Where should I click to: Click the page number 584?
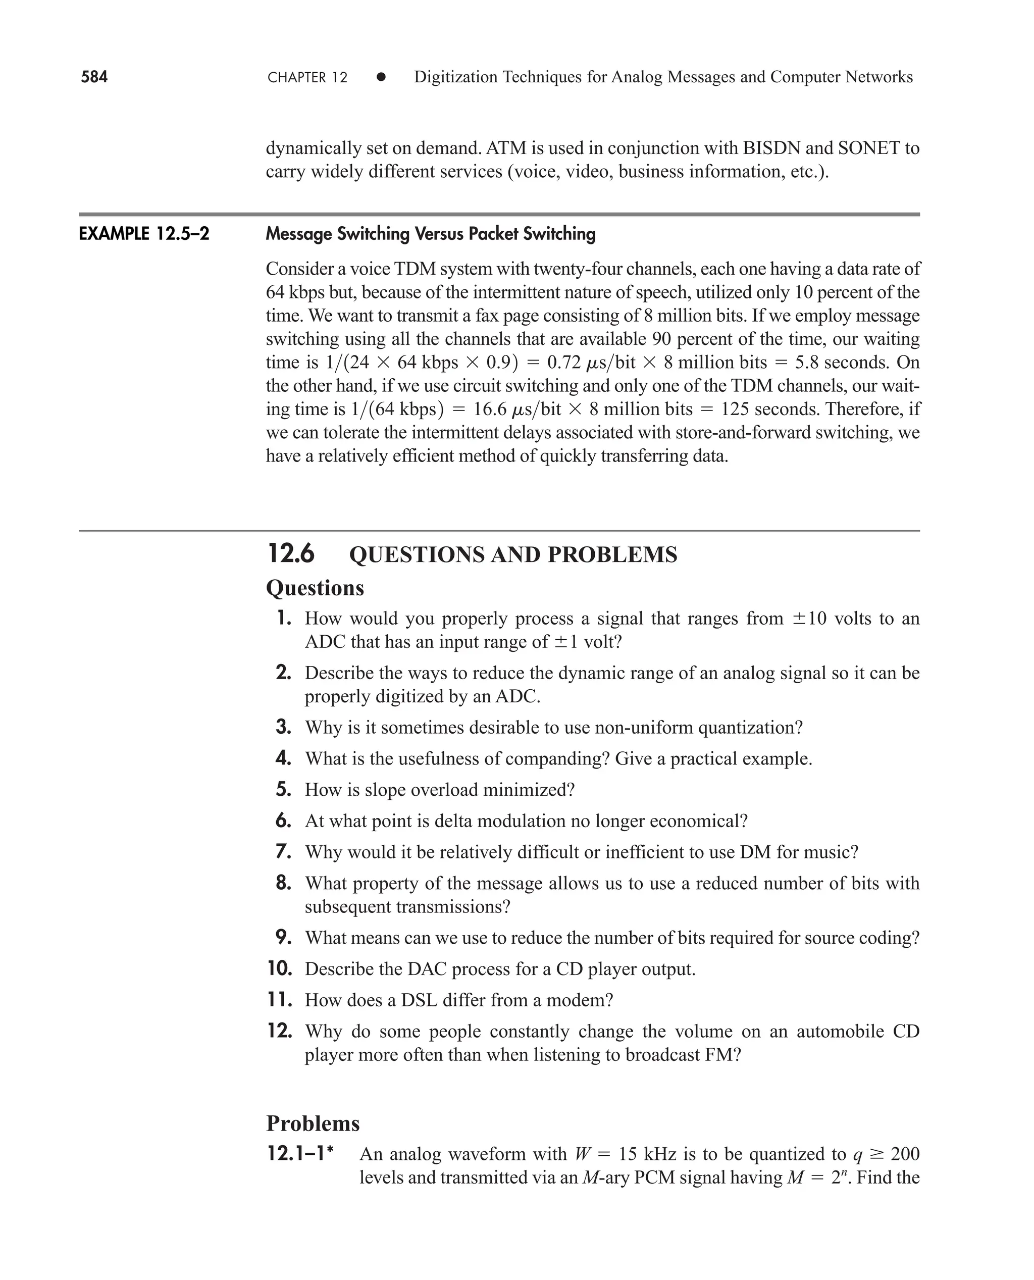tap(94, 77)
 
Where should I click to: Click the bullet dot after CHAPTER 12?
tap(381, 77)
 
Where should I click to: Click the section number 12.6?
tap(291, 553)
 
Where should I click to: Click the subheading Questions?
tap(315, 588)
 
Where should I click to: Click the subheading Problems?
tap(313, 1123)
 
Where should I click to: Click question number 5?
tap(284, 789)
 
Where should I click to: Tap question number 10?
tap(280, 968)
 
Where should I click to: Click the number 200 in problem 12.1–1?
tap(905, 1154)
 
